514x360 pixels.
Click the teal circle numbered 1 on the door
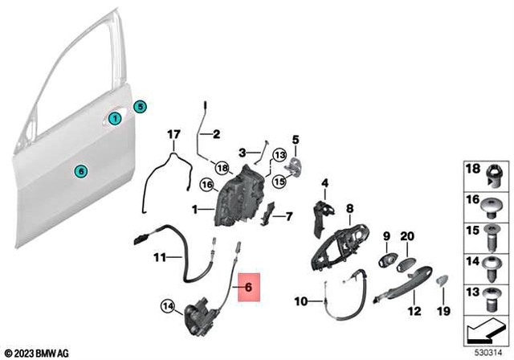tap(116, 119)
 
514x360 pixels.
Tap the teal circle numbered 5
tap(140, 105)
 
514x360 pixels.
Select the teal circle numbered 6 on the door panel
tap(79, 170)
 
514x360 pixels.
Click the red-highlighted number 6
tap(248, 284)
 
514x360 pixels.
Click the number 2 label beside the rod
tap(216, 134)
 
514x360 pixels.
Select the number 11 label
tap(159, 258)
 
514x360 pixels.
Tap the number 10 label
tap(300, 302)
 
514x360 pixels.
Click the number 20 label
tap(407, 235)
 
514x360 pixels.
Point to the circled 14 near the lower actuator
tap(167, 305)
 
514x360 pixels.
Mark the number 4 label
tap(325, 183)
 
